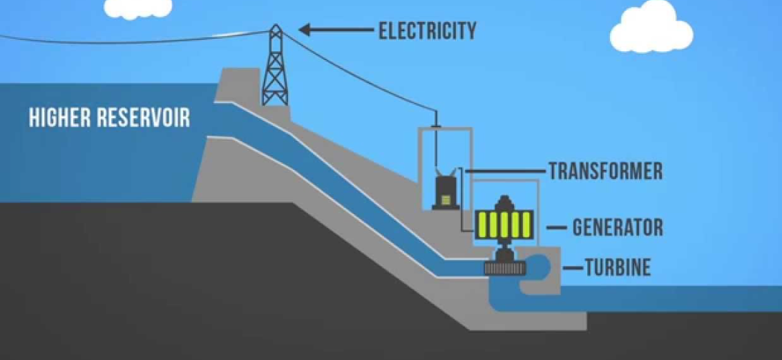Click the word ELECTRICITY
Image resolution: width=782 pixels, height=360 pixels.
pos(427,30)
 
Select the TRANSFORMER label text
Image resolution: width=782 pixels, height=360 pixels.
pos(605,171)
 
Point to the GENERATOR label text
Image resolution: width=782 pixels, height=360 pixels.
pos(618,227)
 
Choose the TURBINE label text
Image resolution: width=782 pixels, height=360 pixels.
pos(618,267)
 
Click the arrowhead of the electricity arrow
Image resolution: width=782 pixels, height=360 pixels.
pos(305,30)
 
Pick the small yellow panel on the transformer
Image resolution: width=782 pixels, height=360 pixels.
pos(447,200)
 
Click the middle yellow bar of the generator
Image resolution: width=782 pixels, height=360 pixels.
pos(504,224)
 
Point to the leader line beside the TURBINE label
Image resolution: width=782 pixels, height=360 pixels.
pos(573,267)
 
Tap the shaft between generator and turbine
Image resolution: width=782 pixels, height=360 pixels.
pos(504,249)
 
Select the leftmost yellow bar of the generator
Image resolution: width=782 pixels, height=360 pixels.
pos(482,224)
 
